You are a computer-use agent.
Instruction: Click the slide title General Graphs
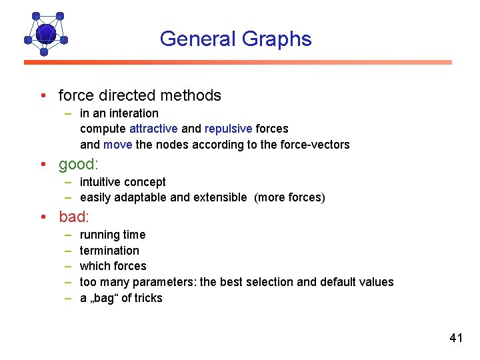235,39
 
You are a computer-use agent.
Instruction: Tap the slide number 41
456,338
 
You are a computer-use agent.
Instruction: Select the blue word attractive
153,129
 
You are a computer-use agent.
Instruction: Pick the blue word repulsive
228,129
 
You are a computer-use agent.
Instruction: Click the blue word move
117,145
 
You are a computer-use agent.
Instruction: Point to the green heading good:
78,164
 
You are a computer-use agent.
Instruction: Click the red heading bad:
73,217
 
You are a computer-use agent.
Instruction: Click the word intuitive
100,182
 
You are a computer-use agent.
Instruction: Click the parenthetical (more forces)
290,197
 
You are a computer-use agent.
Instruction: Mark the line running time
112,235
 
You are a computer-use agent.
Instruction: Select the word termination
109,251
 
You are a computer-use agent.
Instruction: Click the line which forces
113,266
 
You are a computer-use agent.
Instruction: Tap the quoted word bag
103,298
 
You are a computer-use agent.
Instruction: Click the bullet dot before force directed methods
43,96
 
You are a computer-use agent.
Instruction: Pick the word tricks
149,298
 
